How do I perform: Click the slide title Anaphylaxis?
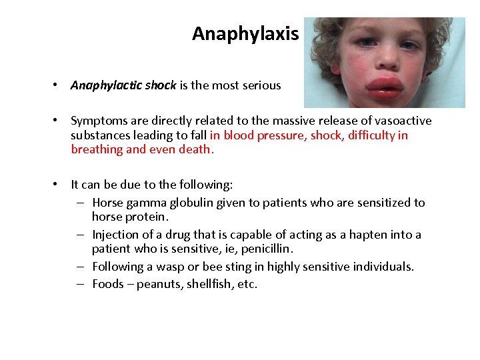pos(245,34)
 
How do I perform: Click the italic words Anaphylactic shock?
pos(123,85)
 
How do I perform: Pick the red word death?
pos(199,150)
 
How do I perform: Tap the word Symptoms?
pos(98,121)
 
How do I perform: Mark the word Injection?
pos(115,235)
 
